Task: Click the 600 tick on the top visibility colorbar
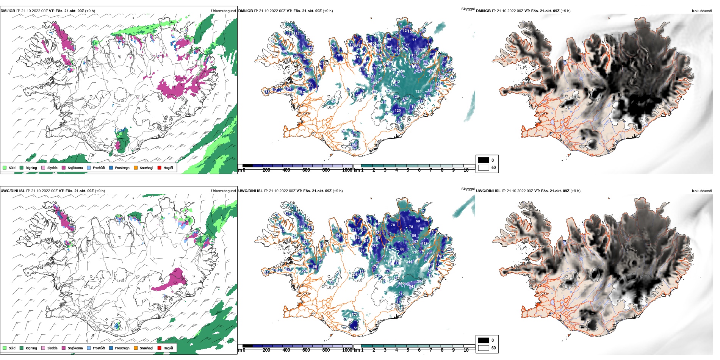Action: coord(306,170)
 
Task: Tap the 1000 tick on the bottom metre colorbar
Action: coord(347,350)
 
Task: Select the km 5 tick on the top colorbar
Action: coord(408,170)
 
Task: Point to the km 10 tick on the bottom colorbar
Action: coord(466,350)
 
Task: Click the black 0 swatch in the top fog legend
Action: coord(484,160)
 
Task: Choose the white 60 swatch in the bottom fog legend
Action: coord(484,348)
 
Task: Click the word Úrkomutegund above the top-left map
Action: coord(223,11)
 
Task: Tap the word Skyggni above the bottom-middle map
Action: coord(468,189)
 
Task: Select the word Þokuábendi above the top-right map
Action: coord(702,11)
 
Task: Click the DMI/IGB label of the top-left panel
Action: coord(8,11)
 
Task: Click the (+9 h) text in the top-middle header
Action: coord(328,11)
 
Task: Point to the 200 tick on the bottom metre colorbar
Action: coord(266,350)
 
